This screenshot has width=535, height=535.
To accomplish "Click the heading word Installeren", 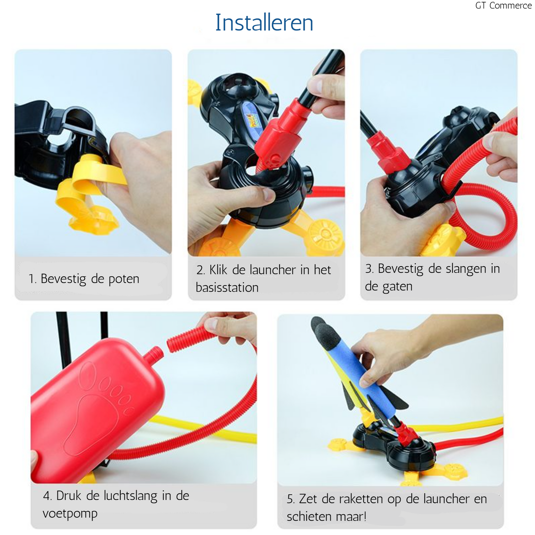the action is point(264,23).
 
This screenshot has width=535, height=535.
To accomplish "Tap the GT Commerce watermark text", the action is point(504,6).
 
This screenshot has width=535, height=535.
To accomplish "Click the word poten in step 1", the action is point(124,279).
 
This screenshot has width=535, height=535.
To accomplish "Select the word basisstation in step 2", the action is point(227,287).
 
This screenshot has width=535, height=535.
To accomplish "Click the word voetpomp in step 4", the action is point(70,514).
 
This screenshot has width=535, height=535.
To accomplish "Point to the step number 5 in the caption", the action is point(290,499).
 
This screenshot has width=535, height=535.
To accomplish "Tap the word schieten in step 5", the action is point(308,517).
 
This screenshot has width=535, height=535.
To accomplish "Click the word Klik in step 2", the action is point(218,270).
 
